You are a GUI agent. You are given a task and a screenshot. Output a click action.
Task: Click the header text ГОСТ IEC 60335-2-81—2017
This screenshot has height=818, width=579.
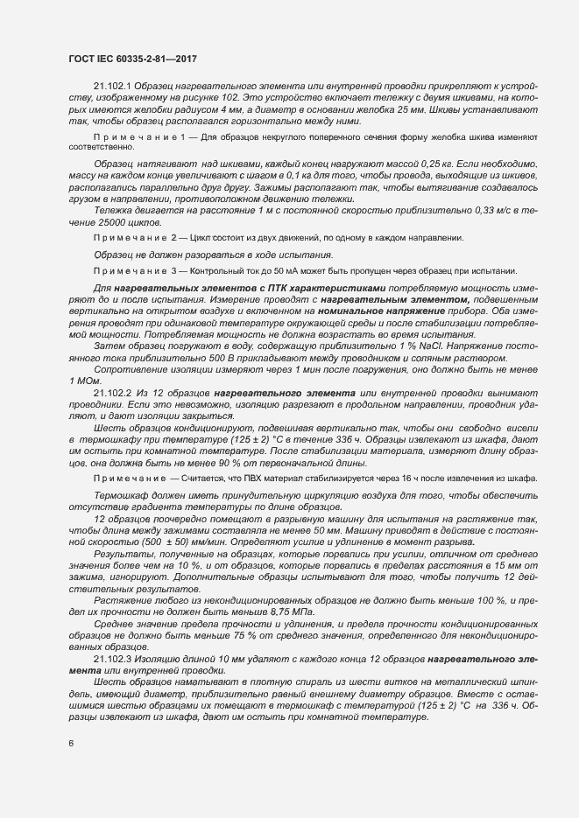132,59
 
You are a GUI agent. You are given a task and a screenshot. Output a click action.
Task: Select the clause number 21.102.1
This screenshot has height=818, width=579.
111,86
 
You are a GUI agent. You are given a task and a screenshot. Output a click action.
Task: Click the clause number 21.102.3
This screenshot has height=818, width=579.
111,658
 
